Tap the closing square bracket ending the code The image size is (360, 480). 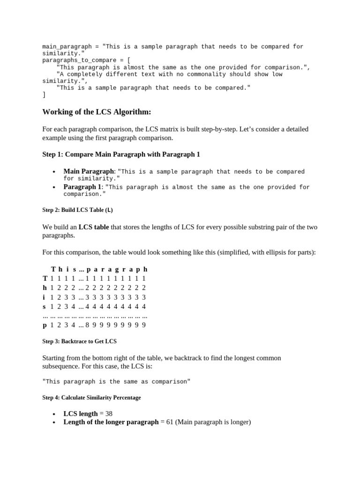pyautogui.click(x=44, y=95)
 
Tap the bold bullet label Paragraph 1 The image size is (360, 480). pyautogui.click(x=82, y=187)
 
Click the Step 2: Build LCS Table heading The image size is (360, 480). pyautogui.click(x=77, y=210)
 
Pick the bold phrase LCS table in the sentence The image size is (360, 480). pyautogui.click(x=93, y=227)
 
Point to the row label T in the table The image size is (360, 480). pyautogui.click(x=45, y=278)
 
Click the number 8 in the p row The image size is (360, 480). pyautogui.click(x=88, y=324)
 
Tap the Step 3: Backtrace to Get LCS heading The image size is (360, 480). pyautogui.click(x=79, y=341)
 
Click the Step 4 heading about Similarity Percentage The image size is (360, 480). pyautogui.click(x=91, y=397)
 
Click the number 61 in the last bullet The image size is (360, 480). pyautogui.click(x=170, y=422)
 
